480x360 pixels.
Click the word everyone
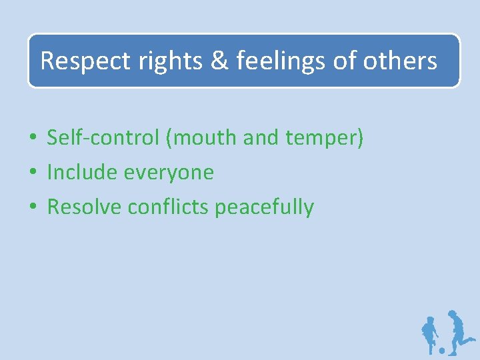tap(169, 173)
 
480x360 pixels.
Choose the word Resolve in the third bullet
tap(84, 207)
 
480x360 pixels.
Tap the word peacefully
tap(264, 208)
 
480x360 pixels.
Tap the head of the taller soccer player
tap(452, 315)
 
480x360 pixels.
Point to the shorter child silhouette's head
tap(429, 321)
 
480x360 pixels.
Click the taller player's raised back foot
tap(472, 339)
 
